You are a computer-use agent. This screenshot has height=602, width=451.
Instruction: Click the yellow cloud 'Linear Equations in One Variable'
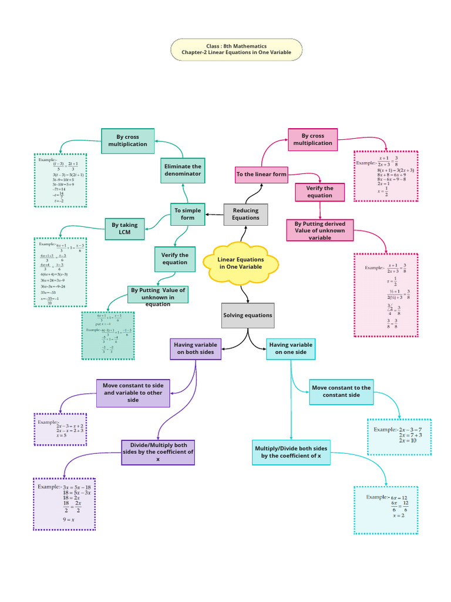pos(241,263)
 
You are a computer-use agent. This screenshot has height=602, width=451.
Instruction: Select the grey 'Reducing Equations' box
pos(245,214)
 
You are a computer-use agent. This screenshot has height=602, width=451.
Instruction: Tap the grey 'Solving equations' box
pos(248,315)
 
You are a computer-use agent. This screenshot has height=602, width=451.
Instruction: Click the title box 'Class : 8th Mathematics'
pos(236,49)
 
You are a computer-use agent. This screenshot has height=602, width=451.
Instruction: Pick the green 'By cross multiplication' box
pos(127,141)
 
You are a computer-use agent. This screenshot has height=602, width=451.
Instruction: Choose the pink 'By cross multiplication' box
pos(313,139)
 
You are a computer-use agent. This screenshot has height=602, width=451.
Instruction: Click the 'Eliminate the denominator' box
pos(183,170)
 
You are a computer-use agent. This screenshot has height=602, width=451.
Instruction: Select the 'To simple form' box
pos(188,214)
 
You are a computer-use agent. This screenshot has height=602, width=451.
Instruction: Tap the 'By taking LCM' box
pos(124,229)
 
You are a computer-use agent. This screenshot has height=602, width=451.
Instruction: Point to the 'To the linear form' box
pos(261,175)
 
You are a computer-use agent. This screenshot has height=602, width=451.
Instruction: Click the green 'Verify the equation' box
pos(175,259)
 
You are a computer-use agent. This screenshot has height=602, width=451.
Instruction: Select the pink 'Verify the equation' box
pos(319,192)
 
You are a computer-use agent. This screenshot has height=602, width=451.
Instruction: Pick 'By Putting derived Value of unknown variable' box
pos(320,230)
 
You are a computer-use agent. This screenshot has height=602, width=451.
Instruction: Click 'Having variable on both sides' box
pos(196,349)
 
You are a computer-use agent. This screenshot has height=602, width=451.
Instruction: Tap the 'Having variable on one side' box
pos(291,349)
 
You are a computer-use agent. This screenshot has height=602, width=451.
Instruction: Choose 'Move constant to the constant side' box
pos(341,392)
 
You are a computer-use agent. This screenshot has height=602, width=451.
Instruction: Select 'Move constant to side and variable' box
pos(133,392)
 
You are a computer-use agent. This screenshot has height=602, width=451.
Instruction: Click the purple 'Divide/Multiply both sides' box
pos(158,452)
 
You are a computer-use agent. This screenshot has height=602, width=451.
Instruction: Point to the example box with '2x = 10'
pos(399,437)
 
